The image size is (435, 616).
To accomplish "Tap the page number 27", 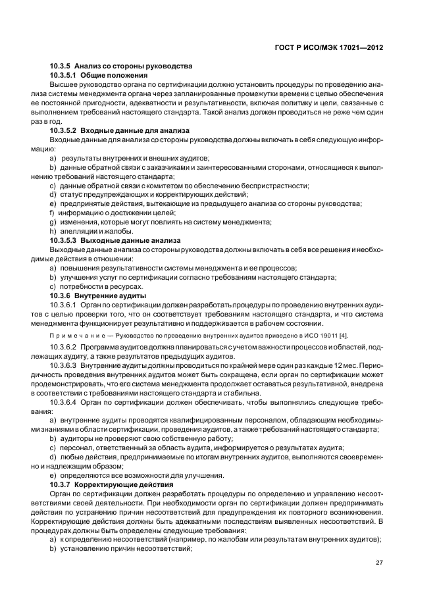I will (379, 562).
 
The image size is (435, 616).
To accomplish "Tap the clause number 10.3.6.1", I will (64, 305).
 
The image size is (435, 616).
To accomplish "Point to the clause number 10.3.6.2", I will (64, 346).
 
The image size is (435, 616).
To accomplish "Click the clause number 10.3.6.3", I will (64, 364).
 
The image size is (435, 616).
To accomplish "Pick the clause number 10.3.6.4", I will (64, 401).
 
